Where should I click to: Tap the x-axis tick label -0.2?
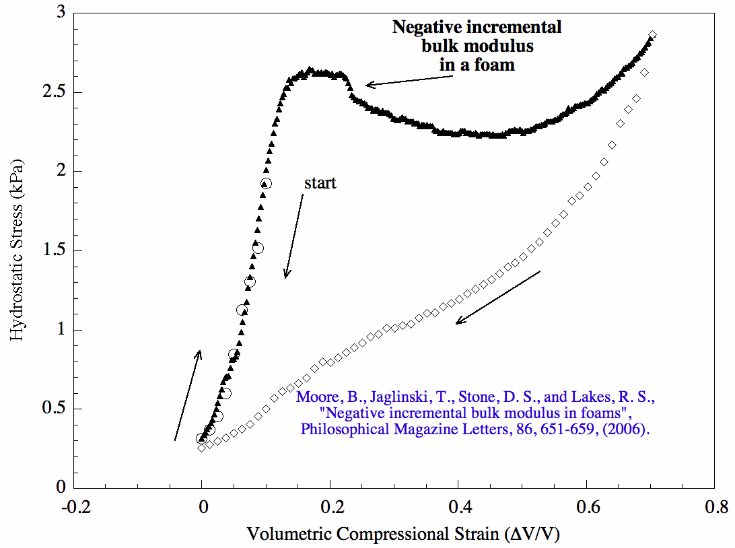[73, 506]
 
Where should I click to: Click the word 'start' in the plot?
[320, 183]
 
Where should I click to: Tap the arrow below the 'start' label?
[294, 236]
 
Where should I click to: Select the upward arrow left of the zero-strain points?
[187, 395]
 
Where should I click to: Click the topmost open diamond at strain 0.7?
[652, 35]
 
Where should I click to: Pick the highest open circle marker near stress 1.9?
[266, 183]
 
